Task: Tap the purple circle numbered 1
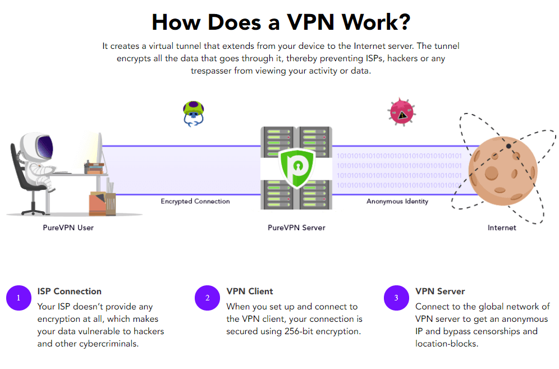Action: tap(18, 298)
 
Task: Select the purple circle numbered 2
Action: tap(207, 298)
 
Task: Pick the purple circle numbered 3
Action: tap(396, 298)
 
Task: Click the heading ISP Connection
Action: tap(70, 291)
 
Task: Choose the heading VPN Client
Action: tap(250, 291)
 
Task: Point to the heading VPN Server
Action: tap(440, 291)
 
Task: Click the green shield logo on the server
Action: tap(296, 166)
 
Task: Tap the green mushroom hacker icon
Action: tap(193, 113)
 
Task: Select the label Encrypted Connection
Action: tap(195, 201)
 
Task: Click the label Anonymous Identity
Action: tap(397, 201)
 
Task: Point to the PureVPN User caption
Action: tap(68, 227)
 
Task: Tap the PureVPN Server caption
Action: tap(296, 227)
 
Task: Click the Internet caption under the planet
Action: tap(502, 227)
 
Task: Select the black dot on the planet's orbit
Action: tap(508, 145)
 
